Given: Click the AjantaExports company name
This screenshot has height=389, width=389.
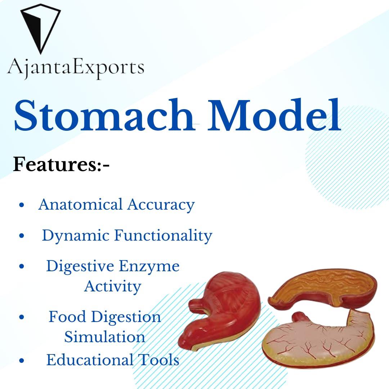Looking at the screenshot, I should (x=76, y=68).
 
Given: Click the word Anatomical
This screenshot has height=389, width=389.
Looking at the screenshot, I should (x=80, y=205).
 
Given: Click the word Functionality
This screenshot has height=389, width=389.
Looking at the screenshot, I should (x=163, y=236).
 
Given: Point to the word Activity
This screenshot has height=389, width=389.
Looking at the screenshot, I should (x=113, y=287).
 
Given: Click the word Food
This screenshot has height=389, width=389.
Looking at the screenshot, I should (x=67, y=317).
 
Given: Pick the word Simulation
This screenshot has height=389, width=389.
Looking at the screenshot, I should (x=105, y=337).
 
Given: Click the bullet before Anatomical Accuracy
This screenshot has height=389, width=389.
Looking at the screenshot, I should (x=22, y=205).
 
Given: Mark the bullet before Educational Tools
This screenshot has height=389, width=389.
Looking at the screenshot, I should (x=22, y=360).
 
